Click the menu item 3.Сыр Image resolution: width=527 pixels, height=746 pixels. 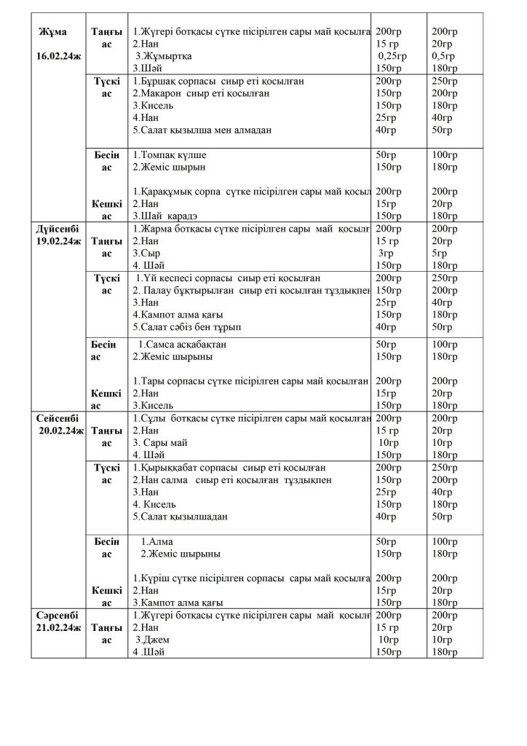pyautogui.click(x=146, y=254)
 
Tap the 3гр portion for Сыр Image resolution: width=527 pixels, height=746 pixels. pyautogui.click(x=385, y=254)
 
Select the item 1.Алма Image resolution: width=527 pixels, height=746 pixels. pyautogui.click(x=153, y=541)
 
